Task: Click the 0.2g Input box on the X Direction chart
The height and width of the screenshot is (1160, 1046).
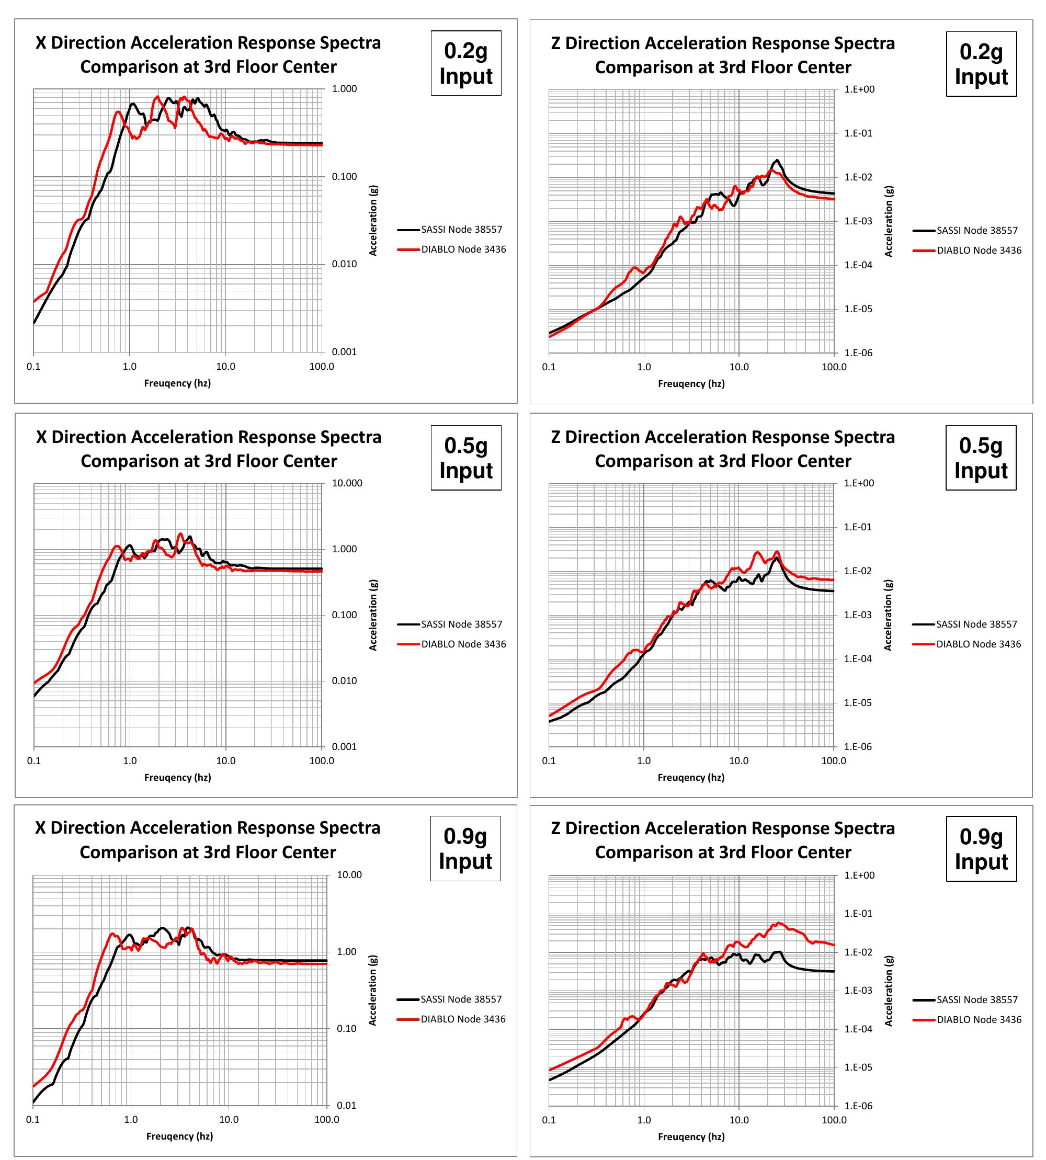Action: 465,63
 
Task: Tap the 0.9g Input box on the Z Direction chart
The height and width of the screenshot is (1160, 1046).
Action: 981,848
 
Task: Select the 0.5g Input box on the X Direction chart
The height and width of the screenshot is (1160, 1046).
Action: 465,458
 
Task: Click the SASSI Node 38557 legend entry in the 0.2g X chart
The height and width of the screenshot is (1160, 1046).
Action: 461,230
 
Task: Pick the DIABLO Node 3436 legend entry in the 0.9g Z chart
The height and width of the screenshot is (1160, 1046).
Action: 979,1019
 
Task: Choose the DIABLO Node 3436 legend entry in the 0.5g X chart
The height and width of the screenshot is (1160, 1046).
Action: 463,644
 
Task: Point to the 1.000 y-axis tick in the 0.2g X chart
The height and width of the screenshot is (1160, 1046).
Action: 344,88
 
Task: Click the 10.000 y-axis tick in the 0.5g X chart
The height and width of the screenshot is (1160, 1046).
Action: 347,483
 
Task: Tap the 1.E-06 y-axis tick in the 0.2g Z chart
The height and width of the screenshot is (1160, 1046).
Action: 858,352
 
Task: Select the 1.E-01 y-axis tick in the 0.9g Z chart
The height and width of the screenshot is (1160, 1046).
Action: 858,913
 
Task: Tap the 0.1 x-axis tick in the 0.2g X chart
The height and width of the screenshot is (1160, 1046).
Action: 33,366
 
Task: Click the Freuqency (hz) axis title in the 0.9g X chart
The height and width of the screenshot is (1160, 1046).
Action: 179,1136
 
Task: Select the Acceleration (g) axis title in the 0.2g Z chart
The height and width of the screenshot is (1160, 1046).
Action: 889,221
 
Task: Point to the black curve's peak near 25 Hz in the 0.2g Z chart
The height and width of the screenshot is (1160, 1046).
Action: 777,160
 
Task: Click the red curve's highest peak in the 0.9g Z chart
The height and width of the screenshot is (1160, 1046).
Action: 779,923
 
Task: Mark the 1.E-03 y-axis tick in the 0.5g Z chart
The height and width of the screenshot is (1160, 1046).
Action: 858,615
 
